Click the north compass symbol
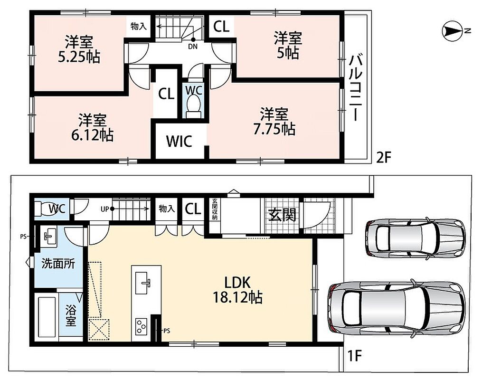(x=452, y=31)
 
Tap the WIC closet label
(x=179, y=141)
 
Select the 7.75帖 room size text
(x=274, y=129)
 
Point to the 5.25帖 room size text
(x=79, y=57)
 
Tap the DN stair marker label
(x=193, y=47)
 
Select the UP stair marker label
(x=104, y=209)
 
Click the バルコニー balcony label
(x=356, y=87)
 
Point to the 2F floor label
(x=384, y=158)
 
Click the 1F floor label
(x=354, y=356)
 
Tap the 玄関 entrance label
(x=282, y=215)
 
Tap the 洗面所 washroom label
(x=58, y=264)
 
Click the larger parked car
(x=397, y=307)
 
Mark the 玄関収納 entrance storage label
(x=215, y=209)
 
